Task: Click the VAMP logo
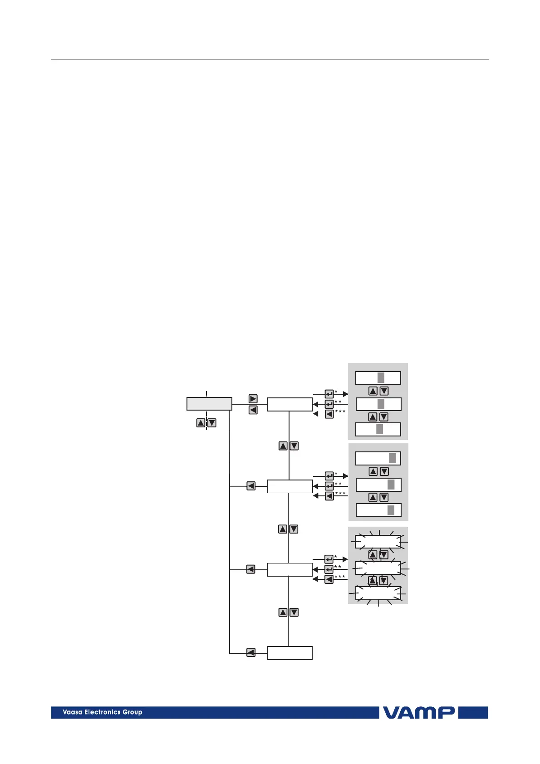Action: (x=418, y=712)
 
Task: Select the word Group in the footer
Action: (x=132, y=712)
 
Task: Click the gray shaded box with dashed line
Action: (x=209, y=404)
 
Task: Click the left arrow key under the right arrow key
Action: (x=253, y=410)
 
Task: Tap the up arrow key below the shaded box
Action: (x=201, y=423)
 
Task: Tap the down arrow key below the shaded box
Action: (x=211, y=423)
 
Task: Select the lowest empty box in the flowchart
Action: (x=290, y=653)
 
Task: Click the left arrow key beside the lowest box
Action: (x=250, y=653)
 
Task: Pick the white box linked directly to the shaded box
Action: (x=290, y=404)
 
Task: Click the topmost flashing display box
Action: (x=378, y=542)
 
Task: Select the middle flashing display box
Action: (x=378, y=568)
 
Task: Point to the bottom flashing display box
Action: (x=378, y=593)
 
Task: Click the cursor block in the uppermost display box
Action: (x=381, y=377)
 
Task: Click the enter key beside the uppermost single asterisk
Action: (x=329, y=394)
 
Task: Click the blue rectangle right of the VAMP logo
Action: (x=473, y=712)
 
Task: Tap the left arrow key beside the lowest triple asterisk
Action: (x=329, y=579)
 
